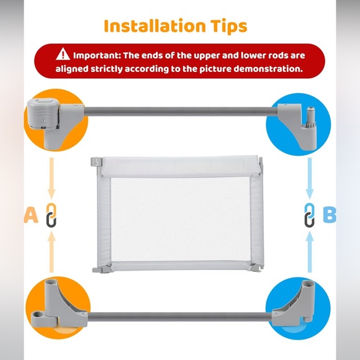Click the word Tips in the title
228,27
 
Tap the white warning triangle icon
63,54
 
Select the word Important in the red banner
97,56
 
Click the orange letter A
31,215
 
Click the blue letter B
330,215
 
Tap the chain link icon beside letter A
51,215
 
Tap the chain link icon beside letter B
310,215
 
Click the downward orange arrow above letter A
52,178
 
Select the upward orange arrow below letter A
52,252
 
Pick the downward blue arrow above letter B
310,178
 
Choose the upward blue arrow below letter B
310,252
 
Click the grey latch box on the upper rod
43,114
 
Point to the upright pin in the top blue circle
310,117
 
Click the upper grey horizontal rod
181,111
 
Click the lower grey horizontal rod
180,317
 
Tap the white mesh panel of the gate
180,219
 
